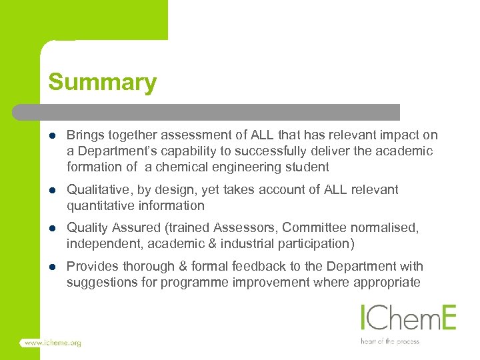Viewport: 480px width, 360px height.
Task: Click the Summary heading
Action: click(x=102, y=82)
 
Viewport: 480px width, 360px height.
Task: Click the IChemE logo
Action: click(x=407, y=317)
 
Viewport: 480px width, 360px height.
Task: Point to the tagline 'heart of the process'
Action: click(x=390, y=341)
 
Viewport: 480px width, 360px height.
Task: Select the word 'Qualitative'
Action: click(x=96, y=190)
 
